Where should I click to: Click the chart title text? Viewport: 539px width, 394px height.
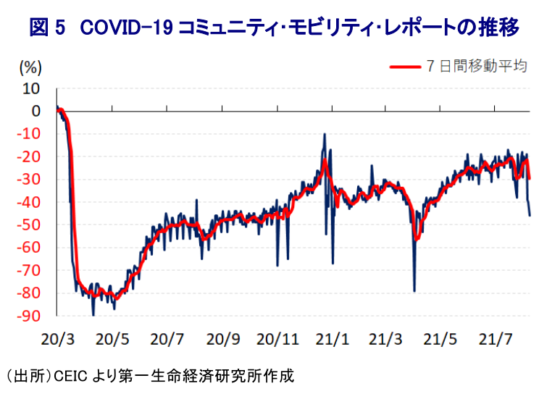pos(274,28)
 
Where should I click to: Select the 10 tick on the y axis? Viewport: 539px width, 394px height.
pos(31,88)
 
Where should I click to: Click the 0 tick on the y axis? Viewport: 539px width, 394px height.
pos(35,111)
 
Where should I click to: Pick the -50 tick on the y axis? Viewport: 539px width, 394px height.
pos(30,225)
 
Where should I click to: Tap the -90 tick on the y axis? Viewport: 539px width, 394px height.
pos(30,317)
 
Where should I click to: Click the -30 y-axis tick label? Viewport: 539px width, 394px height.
pos(30,180)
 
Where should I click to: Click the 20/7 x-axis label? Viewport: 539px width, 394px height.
pos(167,338)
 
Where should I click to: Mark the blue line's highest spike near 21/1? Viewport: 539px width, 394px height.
pos(325,134)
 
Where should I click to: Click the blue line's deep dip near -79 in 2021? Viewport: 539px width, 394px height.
pos(414,290)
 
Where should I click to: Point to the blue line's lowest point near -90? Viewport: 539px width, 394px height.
pos(93,314)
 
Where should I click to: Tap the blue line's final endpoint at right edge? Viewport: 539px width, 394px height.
pos(530,215)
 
